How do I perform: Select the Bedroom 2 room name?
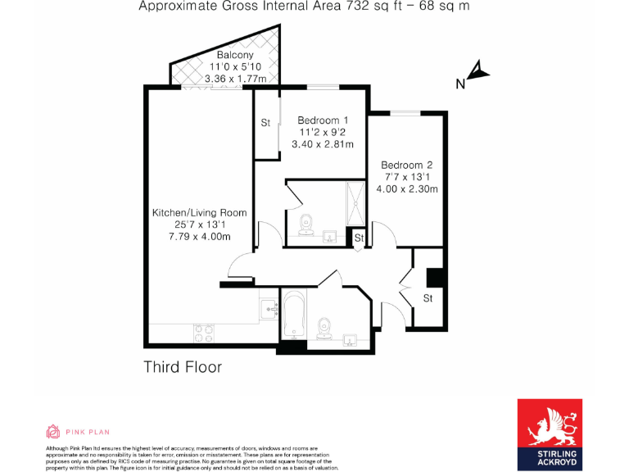point(407,165)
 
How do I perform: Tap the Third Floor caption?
point(183,366)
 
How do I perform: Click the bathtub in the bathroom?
point(294,319)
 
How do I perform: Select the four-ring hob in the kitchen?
point(203,333)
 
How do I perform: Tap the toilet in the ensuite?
point(305,224)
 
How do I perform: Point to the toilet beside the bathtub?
point(324,327)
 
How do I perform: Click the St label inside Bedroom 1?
point(265,123)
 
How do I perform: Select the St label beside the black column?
point(428,298)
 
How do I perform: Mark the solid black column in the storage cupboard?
point(436,278)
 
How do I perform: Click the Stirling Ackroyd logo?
point(549,435)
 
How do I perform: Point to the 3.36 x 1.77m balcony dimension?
point(234,79)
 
